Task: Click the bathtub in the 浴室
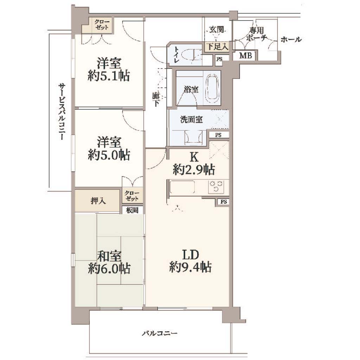(x=212, y=89)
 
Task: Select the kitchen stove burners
(x=217, y=186)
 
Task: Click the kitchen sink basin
(x=182, y=187)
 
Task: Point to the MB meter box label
(x=245, y=55)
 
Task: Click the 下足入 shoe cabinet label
(x=217, y=47)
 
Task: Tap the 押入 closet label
(x=98, y=201)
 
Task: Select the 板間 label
(x=132, y=210)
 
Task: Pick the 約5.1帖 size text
(x=109, y=75)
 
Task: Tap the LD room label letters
(x=190, y=255)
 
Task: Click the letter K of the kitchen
(x=194, y=157)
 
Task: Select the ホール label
(x=291, y=39)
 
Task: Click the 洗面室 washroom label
(x=191, y=120)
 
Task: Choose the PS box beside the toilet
(x=219, y=59)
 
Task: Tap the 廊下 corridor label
(x=156, y=99)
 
